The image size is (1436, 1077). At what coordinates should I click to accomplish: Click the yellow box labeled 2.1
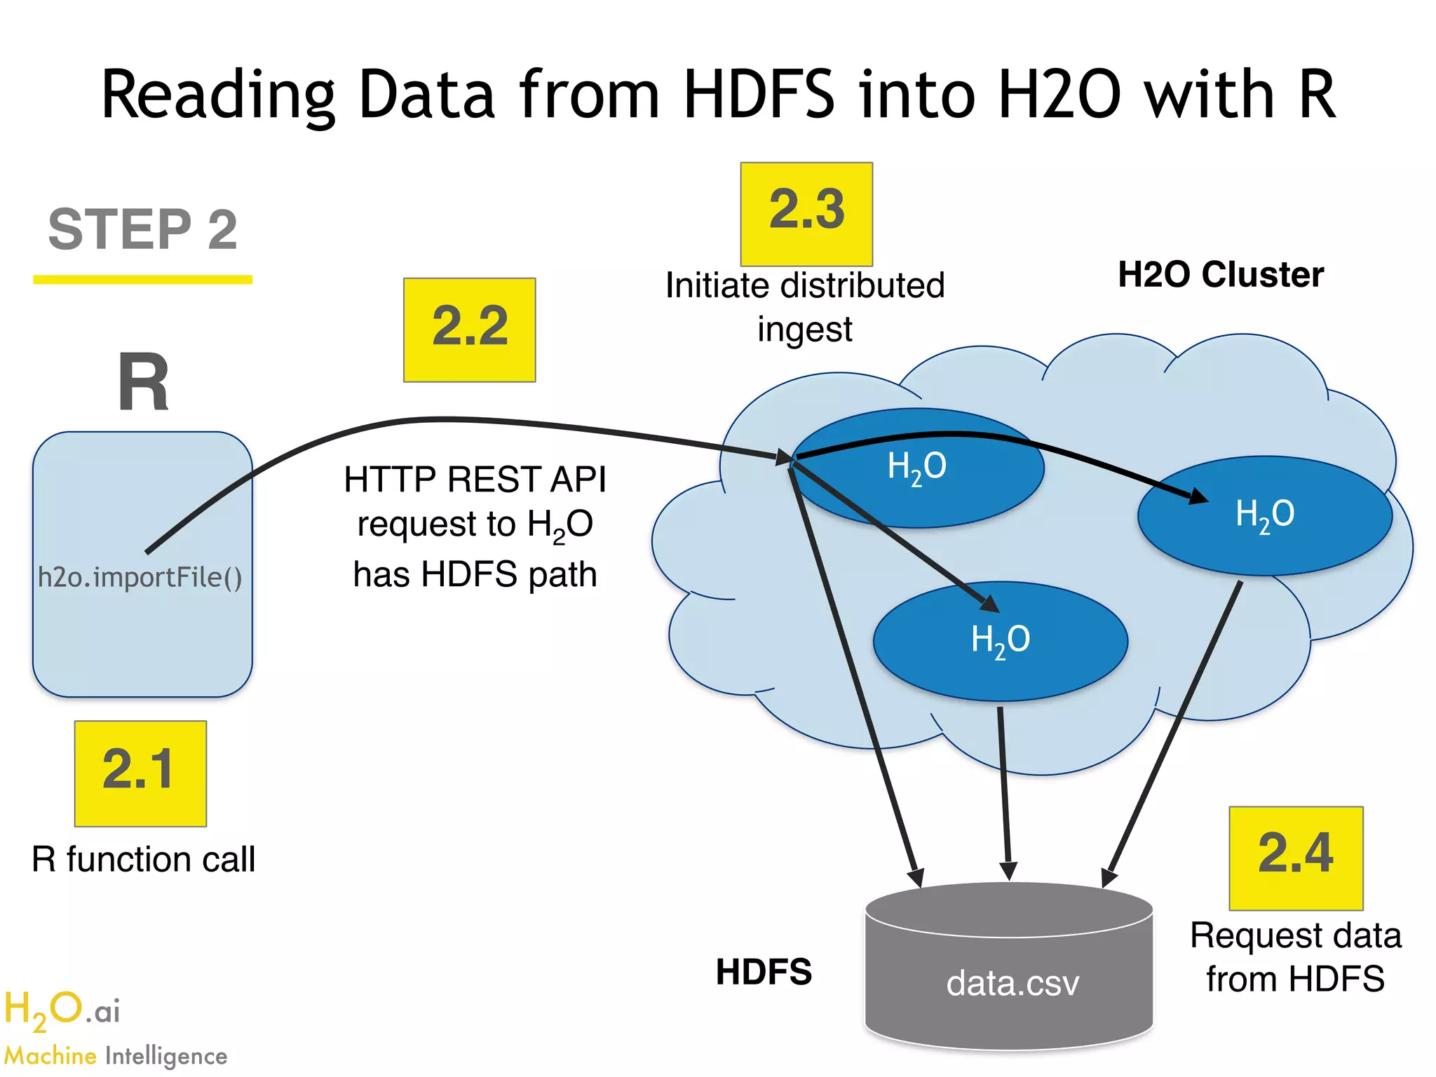(140, 773)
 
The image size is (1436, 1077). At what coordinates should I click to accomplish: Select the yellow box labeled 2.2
(469, 330)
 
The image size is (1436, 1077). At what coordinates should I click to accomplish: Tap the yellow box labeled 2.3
(806, 214)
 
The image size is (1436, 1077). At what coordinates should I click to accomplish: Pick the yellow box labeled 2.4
(1295, 858)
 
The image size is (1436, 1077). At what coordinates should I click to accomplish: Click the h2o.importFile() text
(140, 577)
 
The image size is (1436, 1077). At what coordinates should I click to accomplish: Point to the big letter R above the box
(143, 383)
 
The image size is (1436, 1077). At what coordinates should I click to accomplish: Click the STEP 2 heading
(143, 229)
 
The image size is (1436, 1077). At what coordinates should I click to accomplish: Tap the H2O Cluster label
(1220, 274)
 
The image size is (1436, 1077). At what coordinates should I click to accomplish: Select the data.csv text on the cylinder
(1012, 983)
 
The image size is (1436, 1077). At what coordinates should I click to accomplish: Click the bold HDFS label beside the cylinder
(764, 972)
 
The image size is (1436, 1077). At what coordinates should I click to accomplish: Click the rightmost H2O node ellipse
(1264, 515)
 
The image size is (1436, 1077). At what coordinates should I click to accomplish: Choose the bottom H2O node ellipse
(1000, 641)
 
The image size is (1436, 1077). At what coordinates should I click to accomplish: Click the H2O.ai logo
(62, 1010)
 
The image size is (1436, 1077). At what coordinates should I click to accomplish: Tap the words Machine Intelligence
(116, 1056)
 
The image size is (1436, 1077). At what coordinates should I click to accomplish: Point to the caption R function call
(143, 860)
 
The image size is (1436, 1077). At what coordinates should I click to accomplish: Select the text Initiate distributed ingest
(805, 307)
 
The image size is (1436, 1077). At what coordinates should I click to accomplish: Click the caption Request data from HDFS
(1295, 957)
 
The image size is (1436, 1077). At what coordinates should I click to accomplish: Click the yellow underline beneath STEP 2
(143, 280)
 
